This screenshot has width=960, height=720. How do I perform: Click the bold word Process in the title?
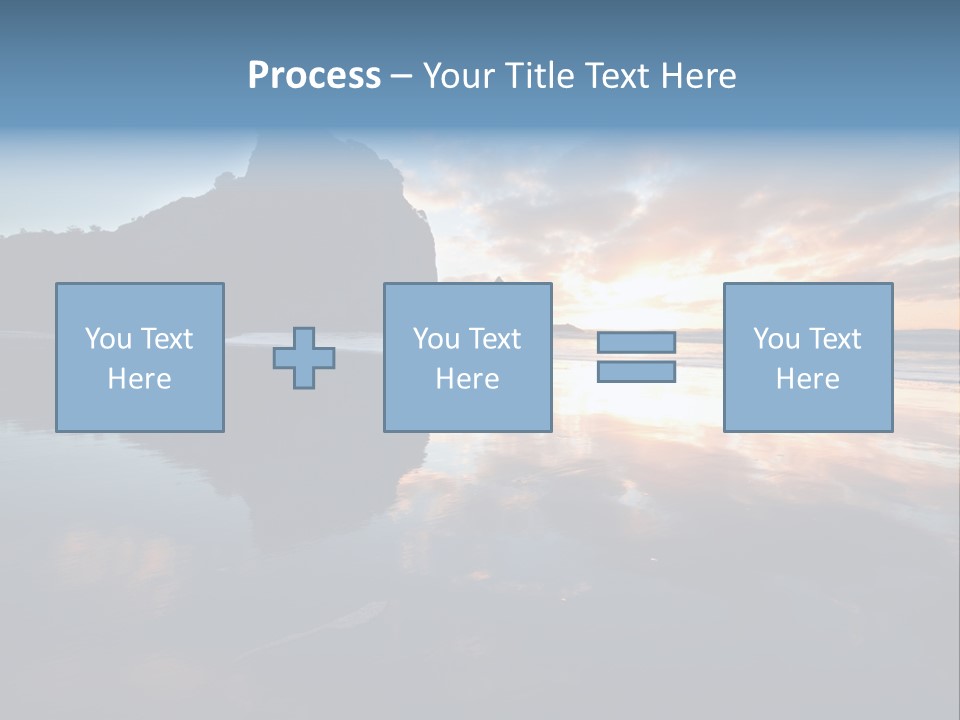point(314,76)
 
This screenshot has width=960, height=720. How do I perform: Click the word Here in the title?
point(699,76)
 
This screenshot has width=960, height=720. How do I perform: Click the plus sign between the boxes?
point(304,358)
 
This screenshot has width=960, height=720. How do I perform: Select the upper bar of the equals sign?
point(636,343)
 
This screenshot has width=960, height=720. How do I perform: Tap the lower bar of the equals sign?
point(636,372)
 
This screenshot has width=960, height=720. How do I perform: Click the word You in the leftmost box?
point(108,339)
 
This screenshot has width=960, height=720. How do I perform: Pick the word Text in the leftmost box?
point(166,339)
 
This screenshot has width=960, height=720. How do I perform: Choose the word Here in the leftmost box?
point(139,379)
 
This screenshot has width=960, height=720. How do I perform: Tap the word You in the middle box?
point(436,339)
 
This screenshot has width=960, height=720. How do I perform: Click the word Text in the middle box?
point(494,339)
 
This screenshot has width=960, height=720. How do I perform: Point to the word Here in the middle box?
point(467,379)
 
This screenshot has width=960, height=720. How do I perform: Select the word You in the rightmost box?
point(776,339)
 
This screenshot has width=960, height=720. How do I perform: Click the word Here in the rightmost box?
point(807,379)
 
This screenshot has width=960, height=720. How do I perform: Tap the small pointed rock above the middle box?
point(497,277)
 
